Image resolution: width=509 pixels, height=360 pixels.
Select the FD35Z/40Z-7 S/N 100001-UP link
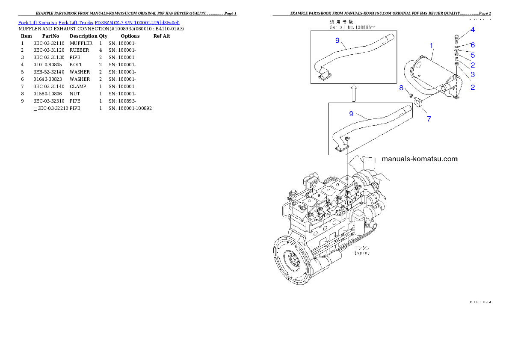click(137, 22)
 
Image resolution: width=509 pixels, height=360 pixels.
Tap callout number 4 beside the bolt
click(472, 30)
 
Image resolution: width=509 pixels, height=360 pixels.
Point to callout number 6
click(473, 45)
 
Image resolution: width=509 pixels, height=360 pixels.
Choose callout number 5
click(473, 55)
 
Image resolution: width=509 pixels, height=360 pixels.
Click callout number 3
click(473, 74)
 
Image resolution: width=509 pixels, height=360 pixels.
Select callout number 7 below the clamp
click(429, 119)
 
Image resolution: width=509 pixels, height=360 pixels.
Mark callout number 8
click(401, 88)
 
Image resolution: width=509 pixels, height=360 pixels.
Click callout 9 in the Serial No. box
click(337, 40)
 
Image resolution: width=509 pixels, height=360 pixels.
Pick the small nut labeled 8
click(409, 94)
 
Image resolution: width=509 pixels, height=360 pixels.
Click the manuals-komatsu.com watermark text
click(419, 159)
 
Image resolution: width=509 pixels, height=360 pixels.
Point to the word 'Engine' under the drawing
click(362, 253)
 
